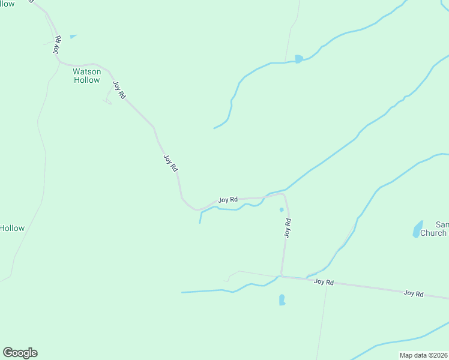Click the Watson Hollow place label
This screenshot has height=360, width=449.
[x=87, y=76]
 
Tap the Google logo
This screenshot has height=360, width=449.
[x=20, y=353]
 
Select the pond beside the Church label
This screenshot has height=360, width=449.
[x=418, y=229]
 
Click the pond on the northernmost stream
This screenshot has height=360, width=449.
[x=298, y=59]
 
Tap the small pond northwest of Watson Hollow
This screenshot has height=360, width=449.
[x=73, y=37]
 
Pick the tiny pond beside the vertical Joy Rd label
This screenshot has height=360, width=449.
[x=281, y=209]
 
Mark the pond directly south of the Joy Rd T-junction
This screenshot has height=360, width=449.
[x=282, y=300]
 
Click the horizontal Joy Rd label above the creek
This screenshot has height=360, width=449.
[x=228, y=199]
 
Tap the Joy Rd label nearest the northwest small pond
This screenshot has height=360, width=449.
[x=58, y=46]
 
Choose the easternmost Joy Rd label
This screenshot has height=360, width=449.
[x=414, y=293]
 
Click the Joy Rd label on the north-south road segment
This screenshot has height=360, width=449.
[x=288, y=228]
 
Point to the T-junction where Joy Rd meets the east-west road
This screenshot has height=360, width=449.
[x=281, y=277]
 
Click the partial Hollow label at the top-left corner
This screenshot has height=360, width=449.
[x=7, y=4]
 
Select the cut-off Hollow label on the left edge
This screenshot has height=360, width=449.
[x=12, y=228]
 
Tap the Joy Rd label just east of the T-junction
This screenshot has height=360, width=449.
[x=324, y=281]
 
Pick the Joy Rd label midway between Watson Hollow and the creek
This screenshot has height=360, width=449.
[x=170, y=164]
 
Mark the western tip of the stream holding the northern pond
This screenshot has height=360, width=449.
[x=214, y=128]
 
